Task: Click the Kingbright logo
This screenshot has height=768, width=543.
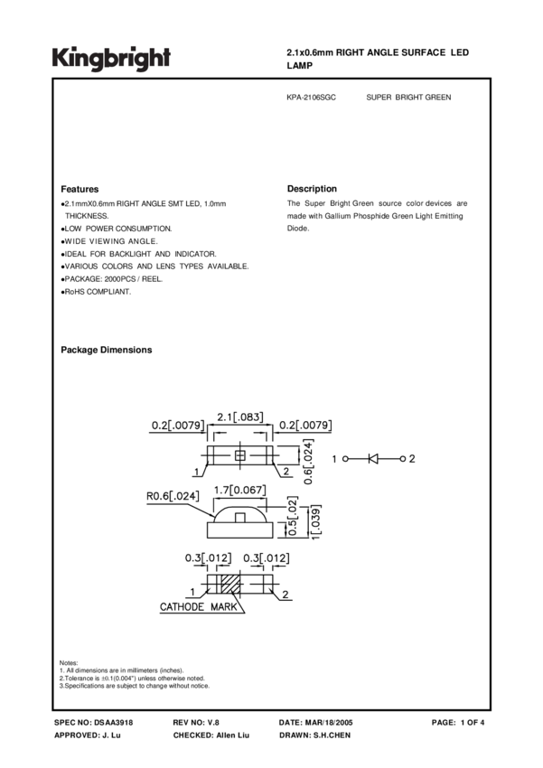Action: [x=110, y=59]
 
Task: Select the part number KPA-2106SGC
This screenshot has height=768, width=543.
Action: [x=312, y=98]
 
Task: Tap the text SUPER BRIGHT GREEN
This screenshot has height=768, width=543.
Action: [x=408, y=98]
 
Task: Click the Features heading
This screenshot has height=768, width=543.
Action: [x=80, y=189]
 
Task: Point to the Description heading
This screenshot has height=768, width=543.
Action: [x=312, y=189]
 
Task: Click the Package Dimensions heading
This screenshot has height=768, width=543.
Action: [x=106, y=350]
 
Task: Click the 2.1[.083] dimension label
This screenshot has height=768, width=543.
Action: [x=239, y=417]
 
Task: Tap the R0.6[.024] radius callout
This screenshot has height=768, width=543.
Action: [x=173, y=494]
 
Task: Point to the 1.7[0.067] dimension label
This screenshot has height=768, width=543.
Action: [x=239, y=489]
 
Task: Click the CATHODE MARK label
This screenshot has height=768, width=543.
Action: [x=199, y=607]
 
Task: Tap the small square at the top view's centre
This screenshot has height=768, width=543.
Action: [x=240, y=455]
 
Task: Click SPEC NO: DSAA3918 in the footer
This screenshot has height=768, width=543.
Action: [x=94, y=724]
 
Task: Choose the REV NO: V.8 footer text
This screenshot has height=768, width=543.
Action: [x=196, y=724]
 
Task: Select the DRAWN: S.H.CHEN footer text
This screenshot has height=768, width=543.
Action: [x=315, y=736]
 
